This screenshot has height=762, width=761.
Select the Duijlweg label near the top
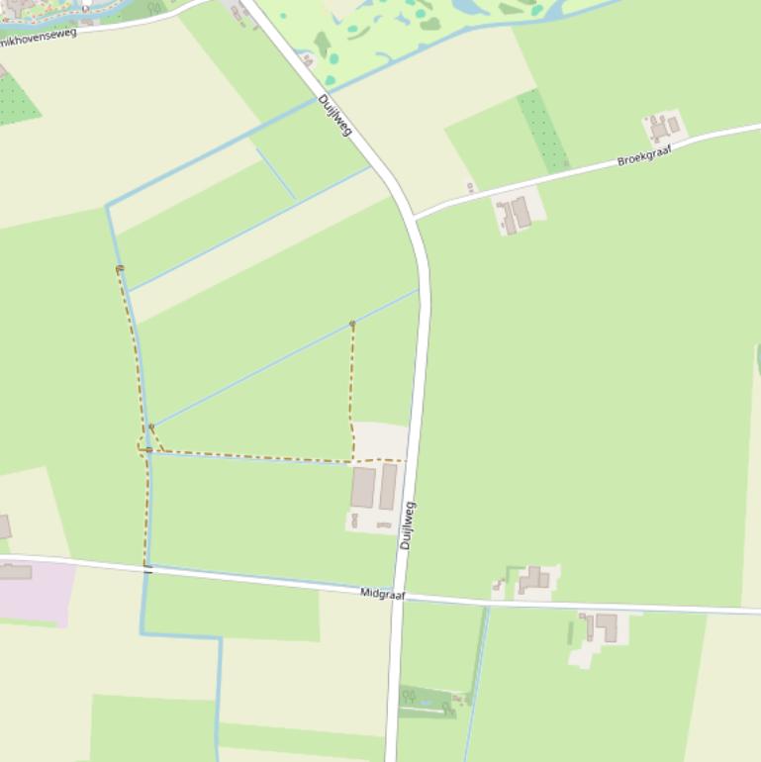pyautogui.click(x=335, y=115)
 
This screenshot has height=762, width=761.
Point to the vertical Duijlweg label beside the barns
pyautogui.click(x=407, y=525)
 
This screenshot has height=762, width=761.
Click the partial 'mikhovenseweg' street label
pyautogui.click(x=39, y=37)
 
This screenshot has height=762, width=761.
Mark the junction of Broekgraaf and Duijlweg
pyautogui.click(x=415, y=216)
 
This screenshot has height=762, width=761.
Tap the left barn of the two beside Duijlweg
pyautogui.click(x=363, y=487)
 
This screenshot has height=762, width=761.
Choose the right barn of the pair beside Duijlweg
pyautogui.click(x=388, y=486)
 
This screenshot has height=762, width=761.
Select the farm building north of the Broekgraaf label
pyautogui.click(x=664, y=127)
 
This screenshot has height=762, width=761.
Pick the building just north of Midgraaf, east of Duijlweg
pyautogui.click(x=534, y=580)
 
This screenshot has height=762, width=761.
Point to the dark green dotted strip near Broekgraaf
pyautogui.click(x=543, y=130)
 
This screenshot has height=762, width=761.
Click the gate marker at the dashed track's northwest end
pyautogui.click(x=120, y=268)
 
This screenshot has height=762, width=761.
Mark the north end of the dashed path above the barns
pyautogui.click(x=352, y=324)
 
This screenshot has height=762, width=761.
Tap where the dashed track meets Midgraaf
pyautogui.click(x=147, y=568)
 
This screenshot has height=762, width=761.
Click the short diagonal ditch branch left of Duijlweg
pyautogui.click(x=277, y=174)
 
